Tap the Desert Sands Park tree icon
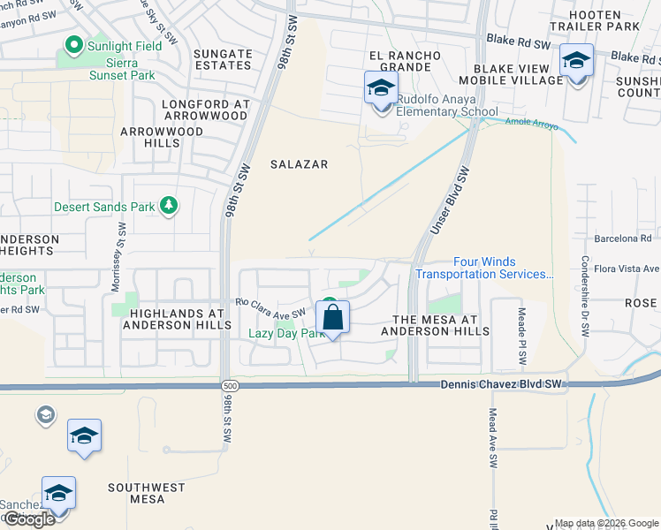point(169,206)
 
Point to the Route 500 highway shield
point(231,385)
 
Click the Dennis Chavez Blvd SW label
point(502,384)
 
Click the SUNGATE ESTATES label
point(223,59)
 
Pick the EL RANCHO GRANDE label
point(405,62)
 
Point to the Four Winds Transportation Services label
point(483,268)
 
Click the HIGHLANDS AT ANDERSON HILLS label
point(172,319)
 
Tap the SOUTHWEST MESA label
point(147,493)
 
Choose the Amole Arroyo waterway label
point(531,125)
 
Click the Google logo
point(29,519)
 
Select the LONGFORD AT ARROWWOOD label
point(205,110)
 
